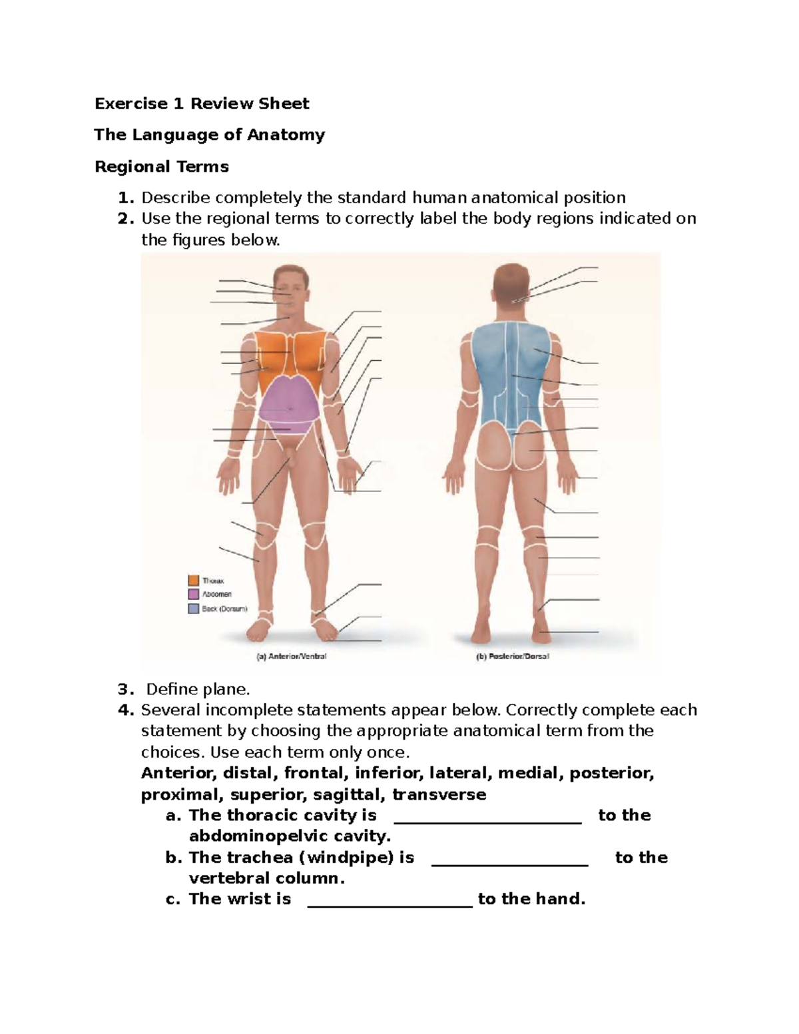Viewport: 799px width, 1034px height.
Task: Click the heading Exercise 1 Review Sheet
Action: point(202,104)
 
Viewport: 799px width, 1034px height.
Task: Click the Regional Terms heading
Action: point(162,166)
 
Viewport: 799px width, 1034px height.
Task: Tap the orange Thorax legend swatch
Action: point(194,581)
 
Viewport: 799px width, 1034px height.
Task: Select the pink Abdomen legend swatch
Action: point(194,594)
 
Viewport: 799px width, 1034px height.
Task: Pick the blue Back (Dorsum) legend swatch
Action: point(194,609)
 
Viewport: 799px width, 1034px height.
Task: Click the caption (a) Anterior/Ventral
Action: point(292,656)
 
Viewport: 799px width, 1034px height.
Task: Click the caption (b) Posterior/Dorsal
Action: point(512,656)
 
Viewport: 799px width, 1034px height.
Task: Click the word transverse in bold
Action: point(439,794)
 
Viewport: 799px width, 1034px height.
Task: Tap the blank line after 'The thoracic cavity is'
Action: point(488,821)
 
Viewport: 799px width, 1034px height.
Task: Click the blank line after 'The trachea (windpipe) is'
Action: point(510,863)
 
